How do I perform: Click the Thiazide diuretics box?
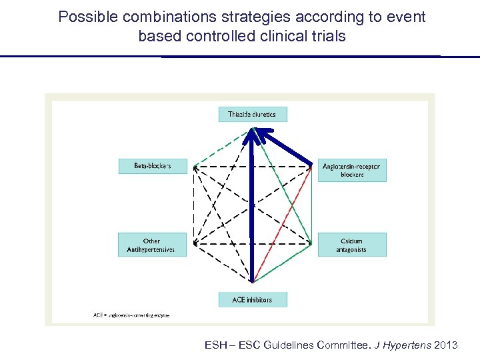coord(253,114)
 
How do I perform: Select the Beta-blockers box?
coord(153,165)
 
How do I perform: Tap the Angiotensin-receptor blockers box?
coord(352,170)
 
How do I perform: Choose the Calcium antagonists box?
coord(352,245)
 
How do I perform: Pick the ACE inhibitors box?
coord(253,299)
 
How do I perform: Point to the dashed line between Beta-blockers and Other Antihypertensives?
coord(194,204)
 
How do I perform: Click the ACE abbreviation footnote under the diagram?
coord(131,315)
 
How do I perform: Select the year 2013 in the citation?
coord(445,345)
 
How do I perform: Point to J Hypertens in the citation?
coord(400,345)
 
